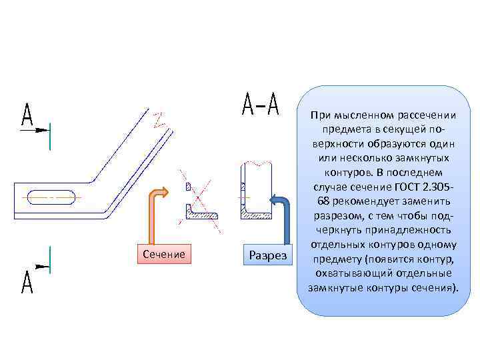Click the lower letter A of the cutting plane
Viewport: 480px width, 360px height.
click(x=27, y=283)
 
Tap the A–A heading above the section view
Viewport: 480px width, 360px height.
click(x=260, y=105)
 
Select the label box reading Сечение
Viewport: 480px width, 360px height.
click(x=164, y=254)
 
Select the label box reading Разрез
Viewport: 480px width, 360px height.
click(x=267, y=255)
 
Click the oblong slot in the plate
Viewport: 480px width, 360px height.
click(x=51, y=197)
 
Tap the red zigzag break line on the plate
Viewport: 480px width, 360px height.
click(x=159, y=121)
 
